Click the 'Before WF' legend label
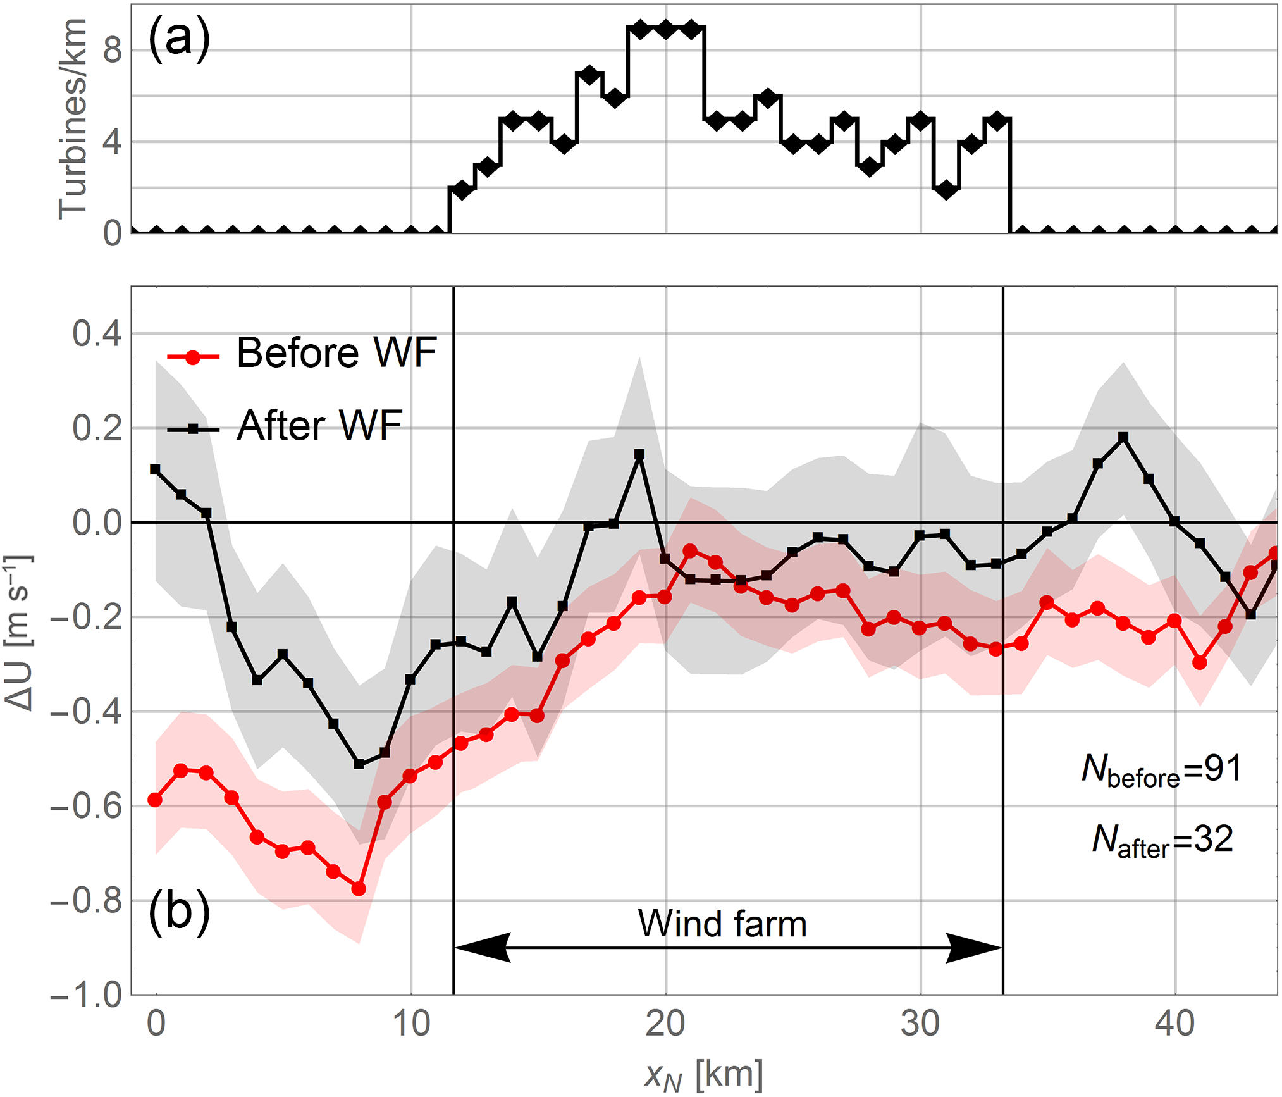(336, 352)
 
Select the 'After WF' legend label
(319, 425)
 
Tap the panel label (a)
(178, 39)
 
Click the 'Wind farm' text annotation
(722, 924)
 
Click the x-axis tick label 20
(665, 1024)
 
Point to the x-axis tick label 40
(1174, 1024)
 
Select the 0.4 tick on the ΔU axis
(96, 333)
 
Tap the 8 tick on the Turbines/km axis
(112, 51)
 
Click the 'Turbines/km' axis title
(72, 119)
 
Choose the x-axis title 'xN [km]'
(703, 1074)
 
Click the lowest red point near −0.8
(359, 889)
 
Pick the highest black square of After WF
(1123, 437)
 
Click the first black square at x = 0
(155, 469)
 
